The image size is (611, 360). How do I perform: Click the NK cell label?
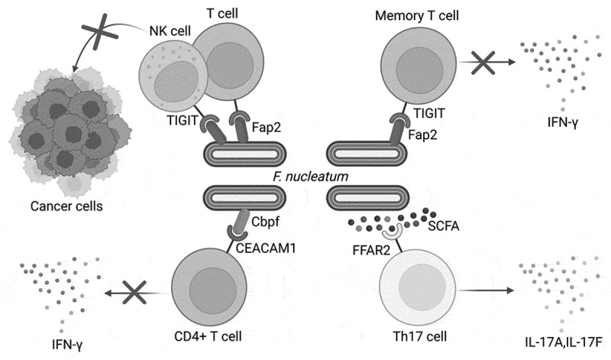pos(170,31)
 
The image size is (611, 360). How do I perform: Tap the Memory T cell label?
pos(416,15)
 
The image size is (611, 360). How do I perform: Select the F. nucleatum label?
pos(310,177)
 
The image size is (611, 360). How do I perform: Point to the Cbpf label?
pos(265,222)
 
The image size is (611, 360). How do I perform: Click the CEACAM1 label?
pos(265,248)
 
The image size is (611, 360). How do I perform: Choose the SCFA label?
pos(444,225)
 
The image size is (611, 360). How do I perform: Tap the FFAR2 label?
pos(371,250)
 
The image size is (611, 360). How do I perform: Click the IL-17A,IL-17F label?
pos(564,342)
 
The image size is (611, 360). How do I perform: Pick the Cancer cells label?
pos(66,206)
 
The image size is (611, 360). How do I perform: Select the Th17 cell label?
pos(419,336)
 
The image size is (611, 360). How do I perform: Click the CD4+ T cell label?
pos(208,336)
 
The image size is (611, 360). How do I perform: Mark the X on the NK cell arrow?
pos(100,32)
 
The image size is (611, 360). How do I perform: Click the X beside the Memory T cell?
pos(483,63)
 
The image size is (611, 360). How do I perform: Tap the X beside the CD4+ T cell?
pos(134,292)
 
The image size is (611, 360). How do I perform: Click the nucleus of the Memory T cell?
pos(419,70)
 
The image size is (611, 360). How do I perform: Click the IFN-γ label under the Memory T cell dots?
pos(563,123)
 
